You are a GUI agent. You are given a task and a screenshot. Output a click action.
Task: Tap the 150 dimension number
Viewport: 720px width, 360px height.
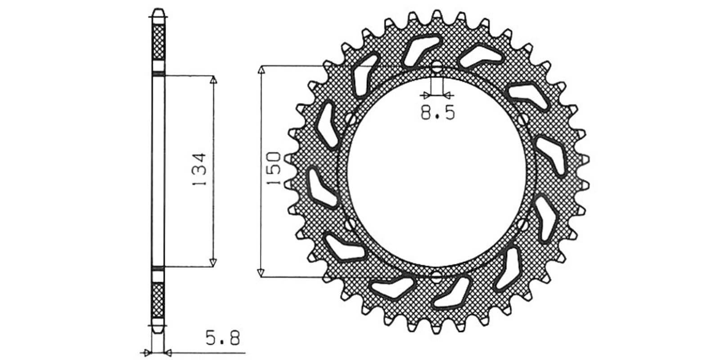click(x=274, y=168)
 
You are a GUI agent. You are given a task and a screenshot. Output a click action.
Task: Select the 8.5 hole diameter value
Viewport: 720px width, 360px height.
click(x=438, y=112)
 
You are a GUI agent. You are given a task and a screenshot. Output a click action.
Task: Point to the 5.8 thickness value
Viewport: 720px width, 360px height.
click(x=223, y=338)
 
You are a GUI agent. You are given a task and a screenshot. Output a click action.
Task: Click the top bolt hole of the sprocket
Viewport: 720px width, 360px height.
click(x=436, y=67)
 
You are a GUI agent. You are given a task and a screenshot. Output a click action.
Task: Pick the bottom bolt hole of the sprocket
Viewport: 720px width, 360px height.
click(x=436, y=276)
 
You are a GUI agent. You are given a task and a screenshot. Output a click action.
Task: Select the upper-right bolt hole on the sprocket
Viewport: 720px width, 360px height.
click(x=523, y=120)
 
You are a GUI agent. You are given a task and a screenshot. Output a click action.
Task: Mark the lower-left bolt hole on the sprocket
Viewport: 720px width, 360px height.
click(x=351, y=224)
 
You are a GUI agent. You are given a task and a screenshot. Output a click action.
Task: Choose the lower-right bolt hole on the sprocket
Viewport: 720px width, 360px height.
click(x=523, y=224)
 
